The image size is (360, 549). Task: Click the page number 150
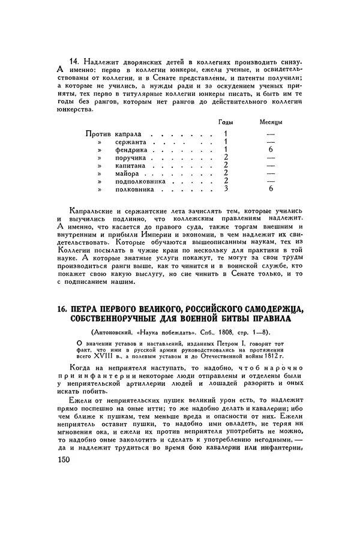point(62,460)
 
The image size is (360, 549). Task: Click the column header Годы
point(226,121)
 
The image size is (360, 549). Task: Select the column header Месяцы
point(271,121)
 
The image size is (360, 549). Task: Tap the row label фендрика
point(130,149)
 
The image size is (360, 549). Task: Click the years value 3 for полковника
point(226,189)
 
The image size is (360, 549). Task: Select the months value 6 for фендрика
point(271,149)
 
